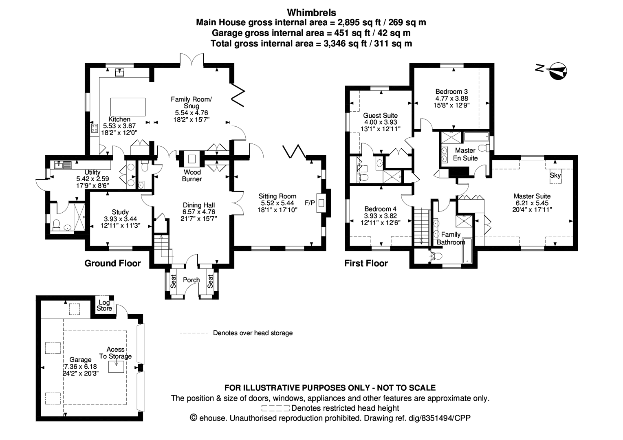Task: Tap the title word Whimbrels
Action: [311, 13]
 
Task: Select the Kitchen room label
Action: [119, 119]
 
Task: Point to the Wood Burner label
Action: [192, 176]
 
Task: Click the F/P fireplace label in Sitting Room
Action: [310, 202]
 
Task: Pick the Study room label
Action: [120, 212]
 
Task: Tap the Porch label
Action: [191, 280]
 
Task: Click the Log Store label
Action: [104, 306]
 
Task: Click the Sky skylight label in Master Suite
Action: [555, 176]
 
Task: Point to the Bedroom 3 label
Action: [451, 92]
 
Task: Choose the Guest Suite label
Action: [381, 116]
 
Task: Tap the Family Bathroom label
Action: [451, 238]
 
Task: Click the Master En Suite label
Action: [465, 154]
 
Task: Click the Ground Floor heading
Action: [112, 263]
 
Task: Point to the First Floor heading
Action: [366, 263]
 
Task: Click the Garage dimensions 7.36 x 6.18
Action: [80, 366]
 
